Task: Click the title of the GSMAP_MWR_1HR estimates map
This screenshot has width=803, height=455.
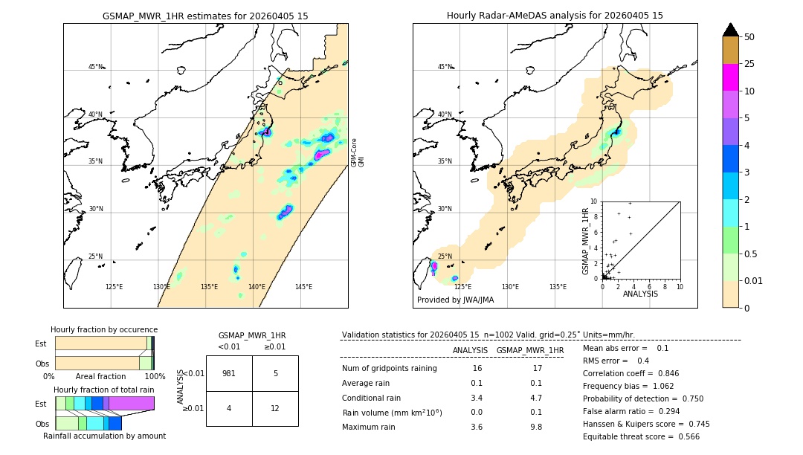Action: point(205,16)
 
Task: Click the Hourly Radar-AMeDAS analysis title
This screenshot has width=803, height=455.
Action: point(555,16)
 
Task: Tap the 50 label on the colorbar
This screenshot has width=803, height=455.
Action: point(749,37)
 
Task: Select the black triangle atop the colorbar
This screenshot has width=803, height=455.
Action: point(731,30)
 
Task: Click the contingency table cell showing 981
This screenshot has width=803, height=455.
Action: point(229,373)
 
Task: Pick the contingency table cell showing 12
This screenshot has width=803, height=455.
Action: point(275,408)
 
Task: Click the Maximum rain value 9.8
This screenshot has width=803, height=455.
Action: point(535,427)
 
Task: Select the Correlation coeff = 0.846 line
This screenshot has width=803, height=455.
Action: point(631,373)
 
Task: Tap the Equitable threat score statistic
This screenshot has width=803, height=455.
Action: point(641,436)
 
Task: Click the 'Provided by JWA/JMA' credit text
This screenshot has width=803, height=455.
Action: point(455,300)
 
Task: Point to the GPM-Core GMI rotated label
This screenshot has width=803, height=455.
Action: point(358,152)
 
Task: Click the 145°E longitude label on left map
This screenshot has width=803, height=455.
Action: point(303,287)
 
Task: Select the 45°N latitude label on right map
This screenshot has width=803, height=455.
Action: point(445,67)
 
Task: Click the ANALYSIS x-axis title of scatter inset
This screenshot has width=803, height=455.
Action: point(640,294)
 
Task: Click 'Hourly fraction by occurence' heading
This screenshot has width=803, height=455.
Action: point(104,329)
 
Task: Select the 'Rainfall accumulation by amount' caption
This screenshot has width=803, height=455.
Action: point(104,436)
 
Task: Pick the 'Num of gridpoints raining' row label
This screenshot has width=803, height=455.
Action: point(390,368)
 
